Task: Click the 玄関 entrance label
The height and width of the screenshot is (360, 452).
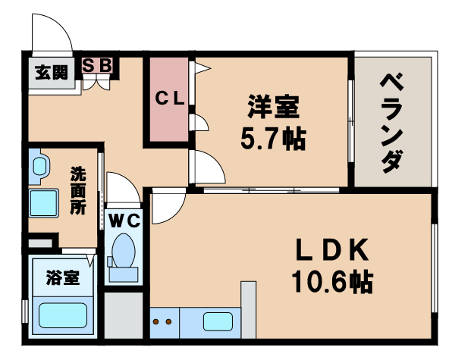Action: (51, 73)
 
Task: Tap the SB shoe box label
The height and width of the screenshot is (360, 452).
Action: (96, 65)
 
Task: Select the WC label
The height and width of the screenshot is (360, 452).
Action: (121, 221)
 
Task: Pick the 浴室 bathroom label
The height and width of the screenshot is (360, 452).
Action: (61, 277)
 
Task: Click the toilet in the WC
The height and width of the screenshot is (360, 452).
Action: (122, 250)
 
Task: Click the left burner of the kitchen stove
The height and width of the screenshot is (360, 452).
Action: (158, 322)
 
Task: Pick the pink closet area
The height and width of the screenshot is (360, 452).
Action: (171, 99)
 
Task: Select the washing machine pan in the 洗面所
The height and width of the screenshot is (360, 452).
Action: (44, 204)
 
